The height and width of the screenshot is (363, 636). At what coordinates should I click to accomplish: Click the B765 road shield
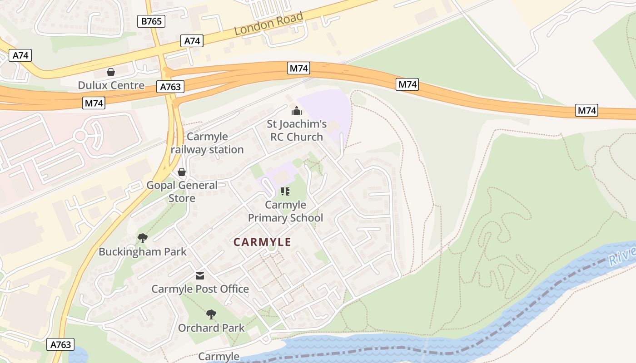coord(151,21)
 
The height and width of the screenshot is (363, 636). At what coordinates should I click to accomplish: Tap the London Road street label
coord(268,24)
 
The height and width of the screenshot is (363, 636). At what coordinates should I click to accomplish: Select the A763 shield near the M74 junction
coord(171,87)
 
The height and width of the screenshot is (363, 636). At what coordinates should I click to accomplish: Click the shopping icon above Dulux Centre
coord(110,72)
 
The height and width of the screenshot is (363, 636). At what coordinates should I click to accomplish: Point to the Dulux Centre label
coord(111,85)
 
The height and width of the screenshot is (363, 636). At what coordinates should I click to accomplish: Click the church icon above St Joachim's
coord(296,111)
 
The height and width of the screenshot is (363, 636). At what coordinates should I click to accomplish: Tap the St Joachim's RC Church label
coord(296,130)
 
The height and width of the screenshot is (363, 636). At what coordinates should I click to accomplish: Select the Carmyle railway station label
coord(207,143)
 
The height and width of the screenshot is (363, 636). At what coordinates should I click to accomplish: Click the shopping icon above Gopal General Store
coord(182,172)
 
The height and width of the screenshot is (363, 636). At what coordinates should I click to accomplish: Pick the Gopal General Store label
coord(182,191)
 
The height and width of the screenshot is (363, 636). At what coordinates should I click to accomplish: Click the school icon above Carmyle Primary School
coord(285,192)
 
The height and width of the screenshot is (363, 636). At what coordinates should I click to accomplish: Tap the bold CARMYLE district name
coord(262,242)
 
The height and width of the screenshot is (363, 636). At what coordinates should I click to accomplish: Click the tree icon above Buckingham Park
coord(142,238)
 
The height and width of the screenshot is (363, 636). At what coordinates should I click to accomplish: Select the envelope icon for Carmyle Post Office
coord(200,276)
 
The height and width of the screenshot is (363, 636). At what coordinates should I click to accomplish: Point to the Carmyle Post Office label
coord(200,289)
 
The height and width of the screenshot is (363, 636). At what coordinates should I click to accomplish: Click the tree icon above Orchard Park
coord(211,314)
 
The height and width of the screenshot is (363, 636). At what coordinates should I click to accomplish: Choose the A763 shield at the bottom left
coord(60,344)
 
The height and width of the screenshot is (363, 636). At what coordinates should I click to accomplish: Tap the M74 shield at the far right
coord(586,110)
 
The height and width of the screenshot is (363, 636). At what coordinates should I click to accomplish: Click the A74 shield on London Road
coord(192,41)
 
